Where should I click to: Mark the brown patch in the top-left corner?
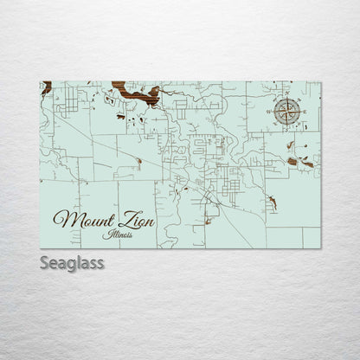(x=45, y=87)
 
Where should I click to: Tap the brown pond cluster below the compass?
(x=298, y=160)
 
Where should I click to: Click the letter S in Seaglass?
(x=45, y=261)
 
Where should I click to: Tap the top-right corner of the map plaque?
(x=320, y=82)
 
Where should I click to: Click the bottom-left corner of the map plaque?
(x=40, y=248)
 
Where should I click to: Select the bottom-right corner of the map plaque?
(x=320, y=248)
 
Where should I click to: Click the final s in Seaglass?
(x=100, y=262)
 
